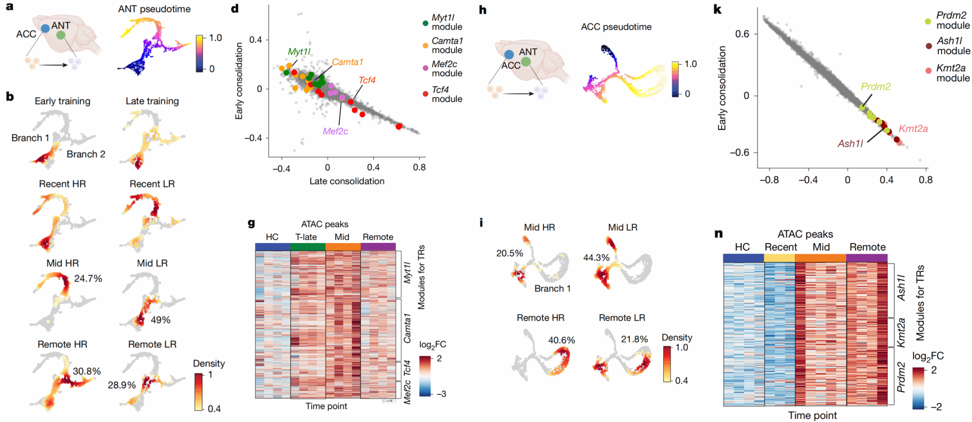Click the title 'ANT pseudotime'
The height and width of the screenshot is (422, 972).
[x=154, y=9]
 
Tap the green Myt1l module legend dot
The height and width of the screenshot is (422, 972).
[x=425, y=23]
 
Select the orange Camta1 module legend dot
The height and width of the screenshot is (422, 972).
[x=425, y=46]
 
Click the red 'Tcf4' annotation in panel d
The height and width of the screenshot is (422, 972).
[x=367, y=80]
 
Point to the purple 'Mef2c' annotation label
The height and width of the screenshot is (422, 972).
[x=335, y=131]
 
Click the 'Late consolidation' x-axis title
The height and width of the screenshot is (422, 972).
[x=346, y=181]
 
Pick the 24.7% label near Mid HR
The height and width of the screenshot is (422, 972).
[x=88, y=279]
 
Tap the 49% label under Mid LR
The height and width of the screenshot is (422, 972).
[x=160, y=320]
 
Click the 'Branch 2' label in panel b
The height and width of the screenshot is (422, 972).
[x=86, y=154]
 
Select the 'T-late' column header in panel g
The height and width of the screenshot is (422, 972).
[x=306, y=237]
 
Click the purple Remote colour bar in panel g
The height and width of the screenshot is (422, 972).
[x=378, y=247]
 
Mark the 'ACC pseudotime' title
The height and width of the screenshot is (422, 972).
[x=616, y=27]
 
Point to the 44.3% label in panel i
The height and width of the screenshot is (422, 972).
[x=596, y=258]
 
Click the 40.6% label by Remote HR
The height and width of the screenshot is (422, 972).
[x=561, y=340]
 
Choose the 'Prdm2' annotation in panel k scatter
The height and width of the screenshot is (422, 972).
[x=876, y=87]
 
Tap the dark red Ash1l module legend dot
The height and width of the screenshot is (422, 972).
[x=928, y=46]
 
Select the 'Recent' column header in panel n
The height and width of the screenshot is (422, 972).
[x=781, y=247]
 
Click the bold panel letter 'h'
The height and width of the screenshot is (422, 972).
[x=483, y=9]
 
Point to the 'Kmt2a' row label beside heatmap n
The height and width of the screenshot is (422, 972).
[x=901, y=332]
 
